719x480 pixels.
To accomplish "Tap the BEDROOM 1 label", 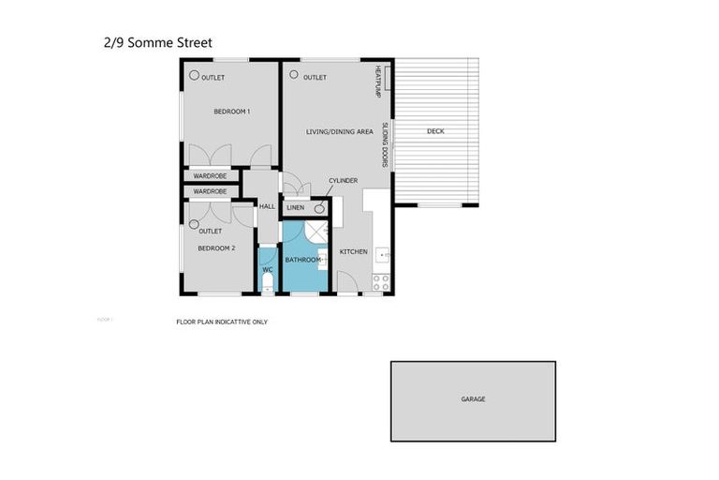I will [x=231, y=112].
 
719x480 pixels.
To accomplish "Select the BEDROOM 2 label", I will [x=215, y=248].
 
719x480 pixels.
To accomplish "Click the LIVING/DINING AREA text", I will [x=340, y=131].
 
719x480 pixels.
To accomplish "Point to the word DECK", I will [x=435, y=131].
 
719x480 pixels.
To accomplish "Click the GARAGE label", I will [x=473, y=399].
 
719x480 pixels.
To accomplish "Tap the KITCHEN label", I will [x=353, y=251].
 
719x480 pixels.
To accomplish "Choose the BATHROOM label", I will [x=303, y=260].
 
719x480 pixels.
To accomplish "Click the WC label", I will [x=267, y=270].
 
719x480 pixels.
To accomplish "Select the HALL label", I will [x=266, y=207].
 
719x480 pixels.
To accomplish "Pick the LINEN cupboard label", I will [x=296, y=207].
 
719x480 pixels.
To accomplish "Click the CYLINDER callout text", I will [x=343, y=180].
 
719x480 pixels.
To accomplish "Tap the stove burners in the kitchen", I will [x=380, y=280].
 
